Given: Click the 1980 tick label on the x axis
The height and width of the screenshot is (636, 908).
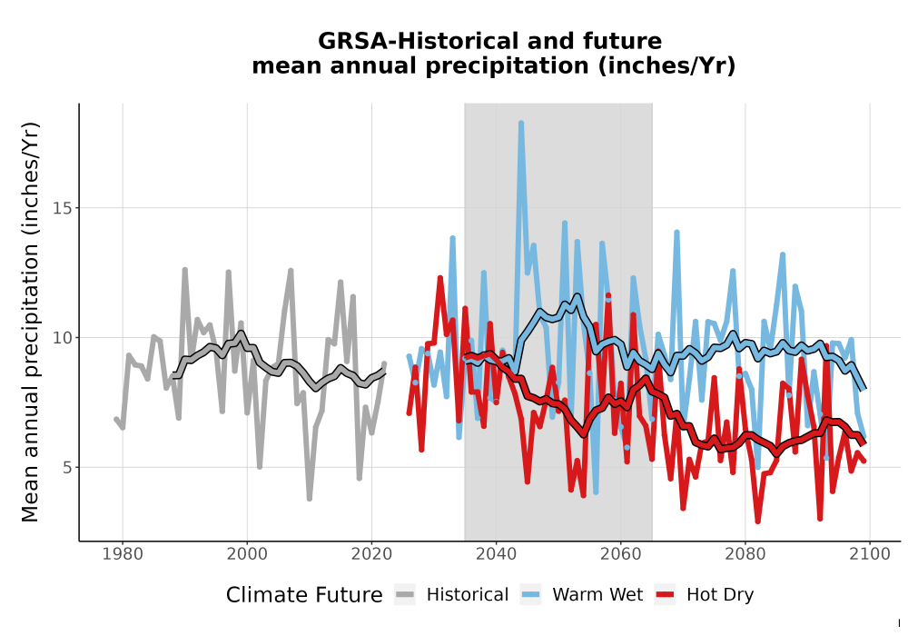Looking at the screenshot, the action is tap(123, 554).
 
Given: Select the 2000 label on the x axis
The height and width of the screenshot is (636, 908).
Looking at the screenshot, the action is tap(247, 554).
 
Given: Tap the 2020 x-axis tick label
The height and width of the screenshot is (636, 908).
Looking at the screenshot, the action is tap(371, 554).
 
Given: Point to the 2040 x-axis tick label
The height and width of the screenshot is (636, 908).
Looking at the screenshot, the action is tap(497, 554).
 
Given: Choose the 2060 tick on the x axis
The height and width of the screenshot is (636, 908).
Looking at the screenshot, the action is tap(620, 554).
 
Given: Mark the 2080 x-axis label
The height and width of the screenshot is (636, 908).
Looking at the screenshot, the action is tap(745, 554).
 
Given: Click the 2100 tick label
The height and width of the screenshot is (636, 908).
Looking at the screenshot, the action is tap(869, 554).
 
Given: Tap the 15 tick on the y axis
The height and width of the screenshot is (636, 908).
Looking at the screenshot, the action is tap(62, 208).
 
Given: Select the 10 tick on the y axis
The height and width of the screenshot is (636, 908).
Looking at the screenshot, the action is tap(62, 338).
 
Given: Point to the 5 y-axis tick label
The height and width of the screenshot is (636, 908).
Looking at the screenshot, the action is tap(67, 467).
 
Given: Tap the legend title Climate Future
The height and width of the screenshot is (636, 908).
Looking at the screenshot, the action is tap(304, 595).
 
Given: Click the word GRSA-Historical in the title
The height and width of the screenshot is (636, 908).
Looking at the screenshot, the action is tap(411, 41).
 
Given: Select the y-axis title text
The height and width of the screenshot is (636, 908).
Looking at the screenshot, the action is tap(30, 322).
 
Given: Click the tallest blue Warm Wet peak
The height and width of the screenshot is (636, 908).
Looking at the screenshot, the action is tap(521, 123).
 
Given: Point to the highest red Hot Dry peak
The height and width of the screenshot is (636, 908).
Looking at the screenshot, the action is tap(440, 279).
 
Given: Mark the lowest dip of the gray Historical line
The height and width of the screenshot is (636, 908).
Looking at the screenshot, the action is tap(310, 498).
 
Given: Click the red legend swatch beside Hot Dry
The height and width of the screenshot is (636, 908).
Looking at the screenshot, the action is tap(666, 595).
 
